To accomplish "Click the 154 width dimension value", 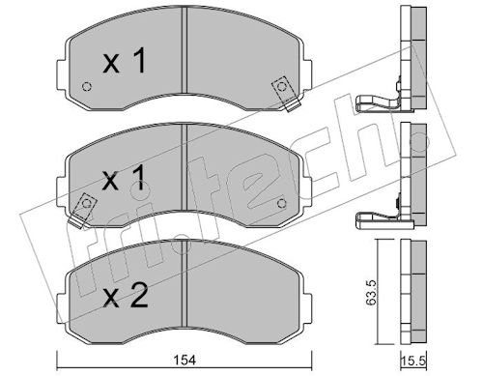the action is click(185, 361).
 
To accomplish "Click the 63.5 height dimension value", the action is click(371, 292).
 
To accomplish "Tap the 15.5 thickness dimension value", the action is click(414, 361).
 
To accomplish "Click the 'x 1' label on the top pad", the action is click(125, 60).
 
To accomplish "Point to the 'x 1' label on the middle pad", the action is click(124, 179).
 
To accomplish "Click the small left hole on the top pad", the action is click(87, 86).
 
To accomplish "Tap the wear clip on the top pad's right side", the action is click(286, 93).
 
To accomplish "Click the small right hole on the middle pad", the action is click(281, 204).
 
